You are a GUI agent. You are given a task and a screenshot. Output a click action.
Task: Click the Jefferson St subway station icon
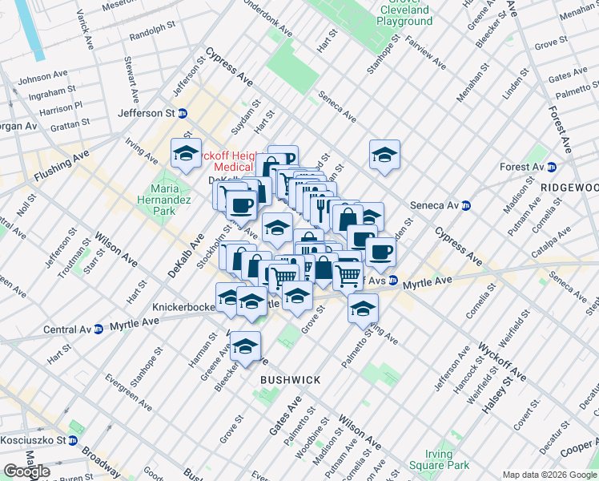tap(183, 114)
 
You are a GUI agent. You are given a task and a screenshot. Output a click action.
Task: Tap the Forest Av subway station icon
tap(551, 167)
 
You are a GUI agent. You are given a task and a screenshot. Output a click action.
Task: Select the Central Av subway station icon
tap(98, 329)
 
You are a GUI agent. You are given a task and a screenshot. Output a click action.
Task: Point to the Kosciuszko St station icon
tap(72, 440)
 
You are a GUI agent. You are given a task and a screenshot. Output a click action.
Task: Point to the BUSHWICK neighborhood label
tap(290, 380)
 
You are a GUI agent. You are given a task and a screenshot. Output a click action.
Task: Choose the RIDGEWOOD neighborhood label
tap(569, 187)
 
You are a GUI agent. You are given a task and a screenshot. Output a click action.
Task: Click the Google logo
tap(26, 471)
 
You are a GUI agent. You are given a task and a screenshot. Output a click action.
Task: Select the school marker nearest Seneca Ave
tap(384, 153)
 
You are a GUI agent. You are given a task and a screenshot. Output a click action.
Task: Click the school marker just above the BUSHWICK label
tap(245, 346)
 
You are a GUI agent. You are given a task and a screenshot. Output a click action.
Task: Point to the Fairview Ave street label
tap(425, 53)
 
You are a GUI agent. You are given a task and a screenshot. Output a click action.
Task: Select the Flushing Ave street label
tap(61, 164)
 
